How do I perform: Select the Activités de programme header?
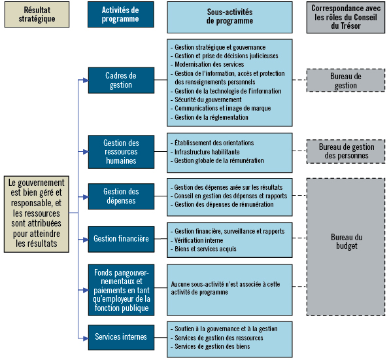tap(121, 14)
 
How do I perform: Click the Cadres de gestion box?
tap(121, 81)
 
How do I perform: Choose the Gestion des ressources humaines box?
tap(121, 152)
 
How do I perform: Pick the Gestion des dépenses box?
tap(121, 196)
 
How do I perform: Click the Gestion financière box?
tap(121, 239)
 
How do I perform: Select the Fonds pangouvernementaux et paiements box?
tap(121, 289)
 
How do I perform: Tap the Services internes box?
tap(121, 337)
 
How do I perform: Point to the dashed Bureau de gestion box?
tap(345, 81)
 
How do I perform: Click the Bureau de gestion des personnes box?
tap(345, 151)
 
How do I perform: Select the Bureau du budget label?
tap(345, 242)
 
